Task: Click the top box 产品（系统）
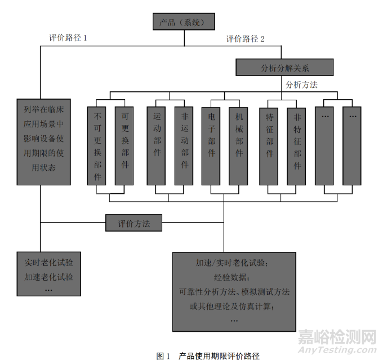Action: pyautogui.click(x=185, y=23)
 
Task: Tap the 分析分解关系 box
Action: pyautogui.click(x=284, y=68)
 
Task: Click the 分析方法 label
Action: pyautogui.click(x=301, y=85)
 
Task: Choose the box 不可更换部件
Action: pyautogui.click(x=97, y=145)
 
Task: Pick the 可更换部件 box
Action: pyautogui.click(x=124, y=145)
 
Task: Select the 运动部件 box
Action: pyautogui.click(x=157, y=145)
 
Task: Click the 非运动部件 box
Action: pyautogui.click(x=184, y=145)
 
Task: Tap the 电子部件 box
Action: pyautogui.click(x=211, y=145)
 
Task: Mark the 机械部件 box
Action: pyautogui.click(x=239, y=145)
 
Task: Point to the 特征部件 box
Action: pyautogui.click(x=269, y=145)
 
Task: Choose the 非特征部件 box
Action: pyautogui.click(x=297, y=145)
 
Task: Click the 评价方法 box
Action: pyautogui.click(x=134, y=223)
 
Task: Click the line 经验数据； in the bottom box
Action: pyautogui.click(x=234, y=277)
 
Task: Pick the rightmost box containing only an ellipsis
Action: pyautogui.click(x=353, y=145)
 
